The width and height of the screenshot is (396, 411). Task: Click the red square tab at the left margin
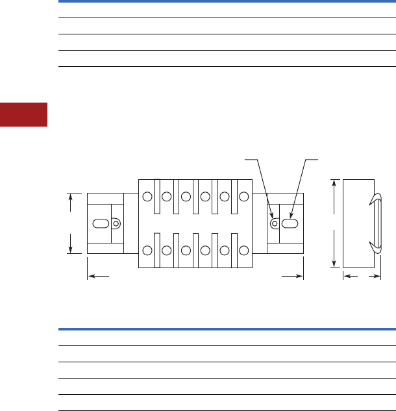pos(23,114)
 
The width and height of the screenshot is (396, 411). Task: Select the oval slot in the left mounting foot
pos(101,223)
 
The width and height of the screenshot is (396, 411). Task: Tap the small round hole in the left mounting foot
pos(116,223)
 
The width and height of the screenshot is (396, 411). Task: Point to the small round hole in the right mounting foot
pos(275,223)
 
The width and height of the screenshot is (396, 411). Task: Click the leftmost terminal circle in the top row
pos(147,196)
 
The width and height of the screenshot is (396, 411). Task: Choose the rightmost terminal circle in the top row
pos(244,196)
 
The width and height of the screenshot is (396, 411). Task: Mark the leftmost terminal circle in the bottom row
pos(147,250)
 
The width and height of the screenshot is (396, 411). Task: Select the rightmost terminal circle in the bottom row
pos(244,250)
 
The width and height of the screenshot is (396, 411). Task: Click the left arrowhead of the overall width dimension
pos(91,276)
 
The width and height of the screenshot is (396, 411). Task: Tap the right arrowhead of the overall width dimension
pos(299,276)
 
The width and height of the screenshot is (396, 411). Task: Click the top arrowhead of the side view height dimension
pos(334,182)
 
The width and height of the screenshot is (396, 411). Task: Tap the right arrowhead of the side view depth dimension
pos(378,276)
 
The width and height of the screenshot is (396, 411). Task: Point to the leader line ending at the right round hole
pos(264,188)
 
